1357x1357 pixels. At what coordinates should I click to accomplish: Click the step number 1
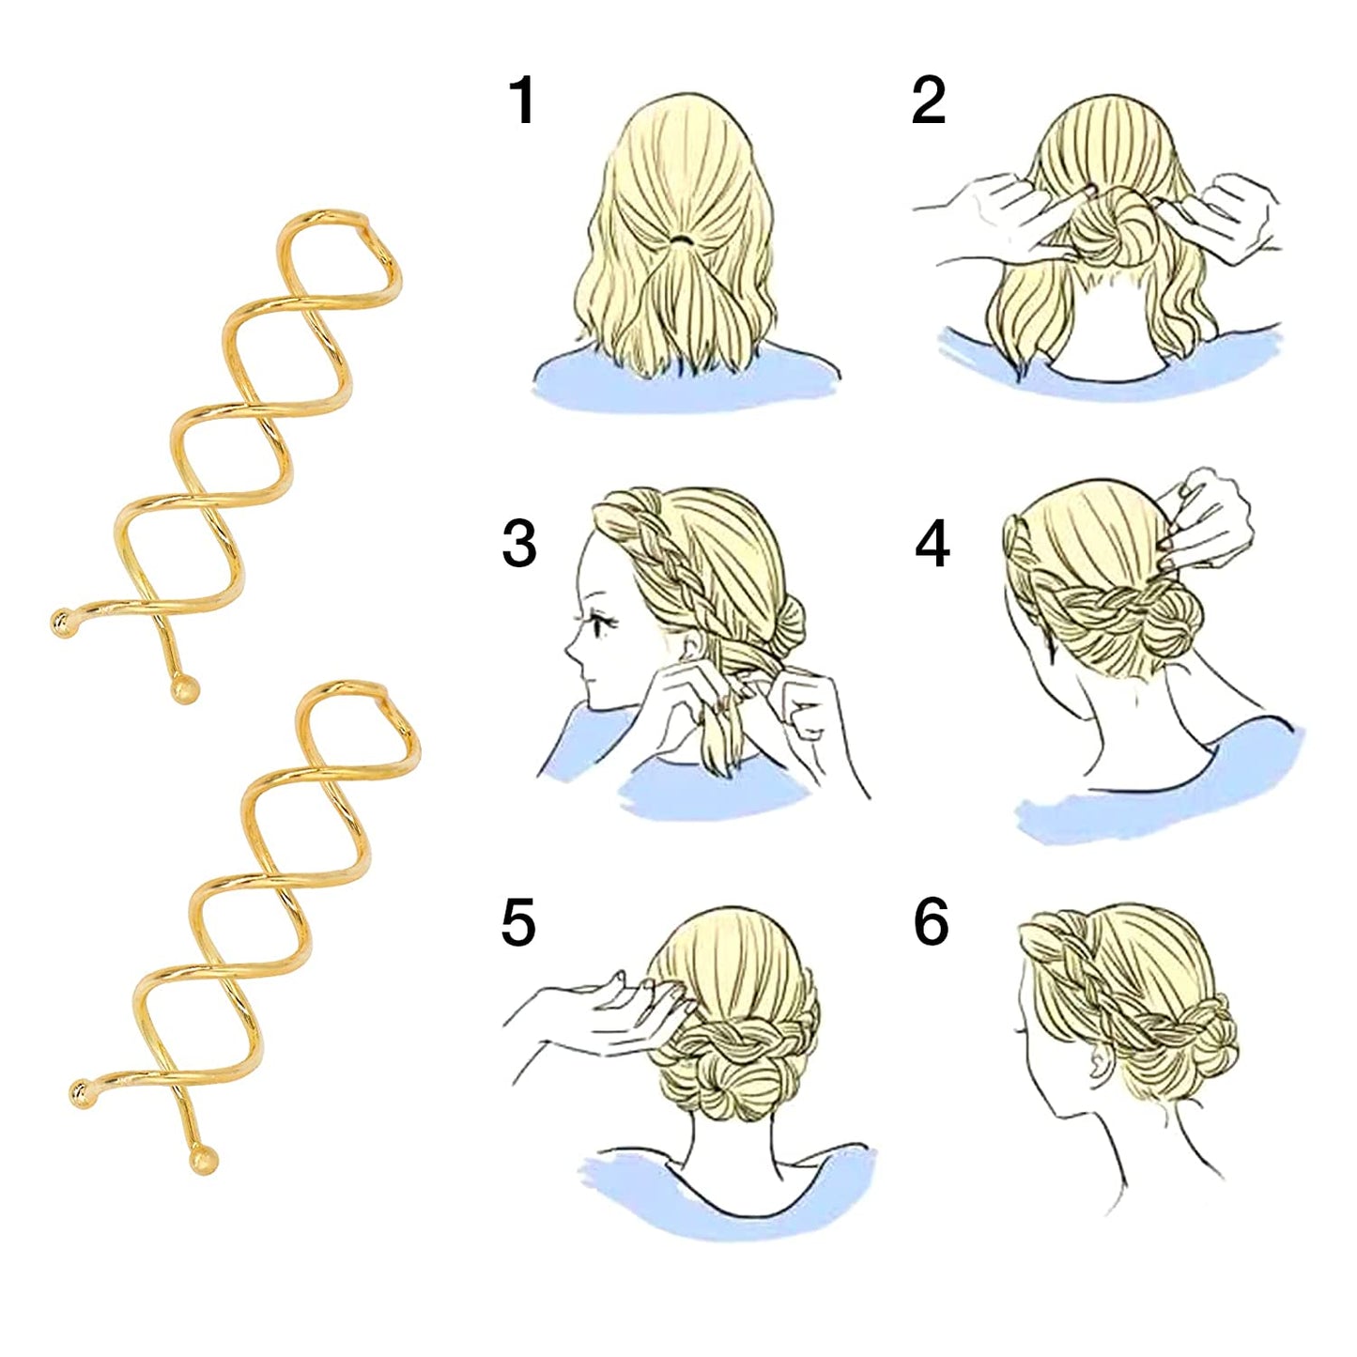click(x=522, y=101)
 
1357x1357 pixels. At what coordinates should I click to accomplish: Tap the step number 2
click(x=928, y=101)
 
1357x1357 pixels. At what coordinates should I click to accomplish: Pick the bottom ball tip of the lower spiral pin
click(x=204, y=1160)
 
